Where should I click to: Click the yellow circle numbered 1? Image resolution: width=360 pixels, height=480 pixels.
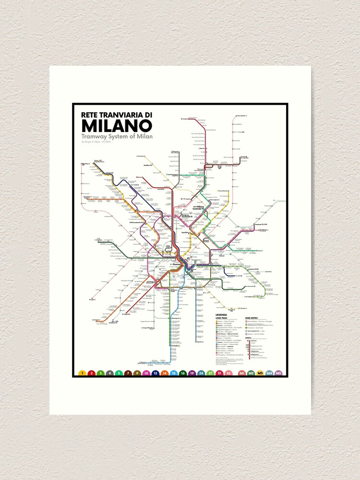tap(82, 372)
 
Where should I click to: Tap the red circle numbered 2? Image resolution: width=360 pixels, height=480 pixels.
tap(91, 372)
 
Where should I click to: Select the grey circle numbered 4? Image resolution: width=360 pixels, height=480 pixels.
tap(109, 372)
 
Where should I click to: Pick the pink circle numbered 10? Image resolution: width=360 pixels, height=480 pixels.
tap(146, 372)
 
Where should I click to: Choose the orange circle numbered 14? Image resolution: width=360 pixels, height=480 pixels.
tap(164, 372)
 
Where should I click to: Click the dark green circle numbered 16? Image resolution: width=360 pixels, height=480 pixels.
tap(182, 372)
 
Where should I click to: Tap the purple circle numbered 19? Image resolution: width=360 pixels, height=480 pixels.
tap(192, 372)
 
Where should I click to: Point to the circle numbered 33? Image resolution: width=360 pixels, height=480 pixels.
tap(228, 372)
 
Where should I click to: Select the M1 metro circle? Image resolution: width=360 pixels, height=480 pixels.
tap(242, 372)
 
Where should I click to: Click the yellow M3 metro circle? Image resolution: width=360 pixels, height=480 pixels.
tap(260, 372)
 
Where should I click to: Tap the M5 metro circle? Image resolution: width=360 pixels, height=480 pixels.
tap(278, 372)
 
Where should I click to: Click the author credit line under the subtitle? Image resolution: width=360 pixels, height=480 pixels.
tap(100, 142)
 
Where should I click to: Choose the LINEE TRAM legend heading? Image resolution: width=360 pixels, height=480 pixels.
tap(220, 318)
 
